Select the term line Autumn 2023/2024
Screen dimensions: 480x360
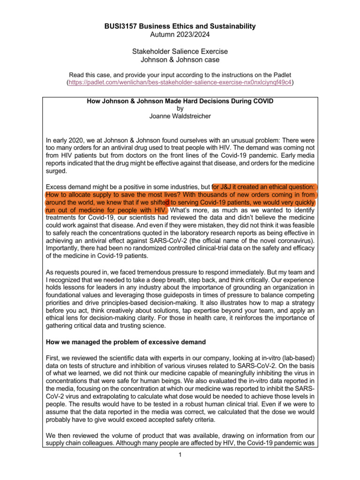click(180, 35)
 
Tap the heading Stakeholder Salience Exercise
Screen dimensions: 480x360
click(180, 51)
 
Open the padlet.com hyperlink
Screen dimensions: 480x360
click(180, 82)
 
